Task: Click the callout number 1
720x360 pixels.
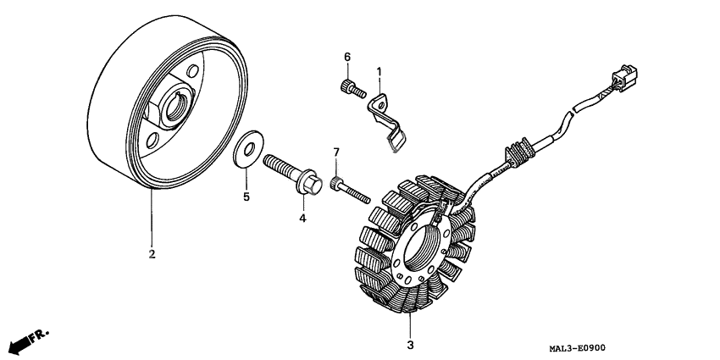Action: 379,73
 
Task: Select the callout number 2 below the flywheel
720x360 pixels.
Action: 152,253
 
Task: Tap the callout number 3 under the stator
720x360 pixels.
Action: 410,345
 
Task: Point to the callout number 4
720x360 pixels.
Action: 301,218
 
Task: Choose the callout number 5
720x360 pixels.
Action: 247,197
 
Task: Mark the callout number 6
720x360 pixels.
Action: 346,57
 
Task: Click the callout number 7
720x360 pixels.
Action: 335,152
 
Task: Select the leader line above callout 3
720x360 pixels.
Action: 410,324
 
